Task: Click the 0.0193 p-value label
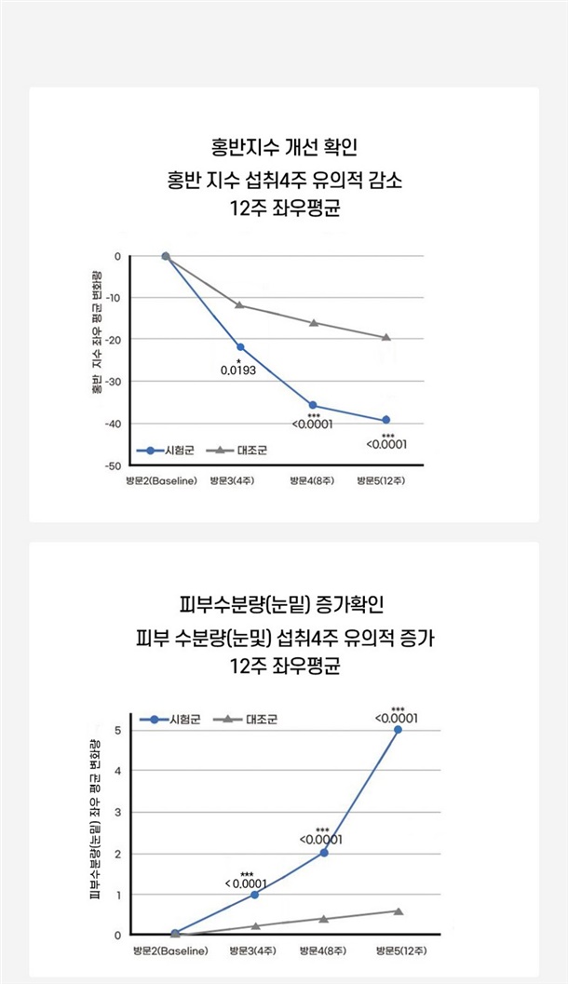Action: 238,371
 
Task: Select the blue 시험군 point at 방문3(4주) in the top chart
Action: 240,347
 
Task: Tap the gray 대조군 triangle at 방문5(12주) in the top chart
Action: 386,337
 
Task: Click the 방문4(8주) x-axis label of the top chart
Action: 311,481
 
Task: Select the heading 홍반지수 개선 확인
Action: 284,147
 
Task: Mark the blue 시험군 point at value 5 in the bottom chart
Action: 398,730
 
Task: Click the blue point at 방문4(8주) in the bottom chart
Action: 324,853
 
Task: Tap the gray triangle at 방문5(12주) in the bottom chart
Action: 398,911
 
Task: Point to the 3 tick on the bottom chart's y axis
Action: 118,813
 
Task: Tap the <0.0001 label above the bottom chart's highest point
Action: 395,718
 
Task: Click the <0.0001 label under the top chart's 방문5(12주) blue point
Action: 387,444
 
